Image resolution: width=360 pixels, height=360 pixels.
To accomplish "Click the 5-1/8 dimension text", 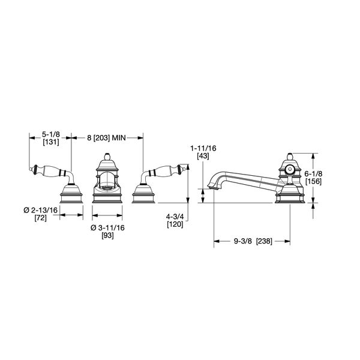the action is tap(51, 134).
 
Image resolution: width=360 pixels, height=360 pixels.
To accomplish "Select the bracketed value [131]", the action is tap(51, 142).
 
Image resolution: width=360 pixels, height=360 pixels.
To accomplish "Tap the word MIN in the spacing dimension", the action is tap(118, 138).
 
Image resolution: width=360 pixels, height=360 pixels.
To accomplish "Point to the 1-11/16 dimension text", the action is tap(203, 148).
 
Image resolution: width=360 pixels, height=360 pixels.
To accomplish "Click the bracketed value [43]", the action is tap(203, 156).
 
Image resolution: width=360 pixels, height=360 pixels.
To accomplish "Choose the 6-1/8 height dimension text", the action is tap(314, 173).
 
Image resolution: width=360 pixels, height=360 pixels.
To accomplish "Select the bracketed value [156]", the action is tap(314, 181).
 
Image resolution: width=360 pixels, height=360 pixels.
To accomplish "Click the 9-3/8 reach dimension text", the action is tap(243, 241).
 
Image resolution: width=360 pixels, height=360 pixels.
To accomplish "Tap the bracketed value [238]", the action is tap(264, 241).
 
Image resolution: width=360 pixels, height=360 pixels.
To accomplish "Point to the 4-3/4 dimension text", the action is tap(175, 217).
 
